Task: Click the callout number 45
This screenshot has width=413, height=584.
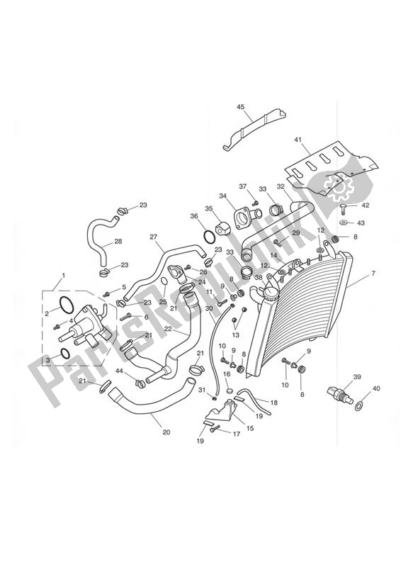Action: click(x=240, y=107)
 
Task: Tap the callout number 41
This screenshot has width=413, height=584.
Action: click(x=298, y=140)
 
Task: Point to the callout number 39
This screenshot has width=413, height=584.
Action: click(x=357, y=377)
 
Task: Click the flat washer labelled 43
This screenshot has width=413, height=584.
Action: click(x=343, y=223)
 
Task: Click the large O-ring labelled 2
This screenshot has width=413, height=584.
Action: click(x=65, y=305)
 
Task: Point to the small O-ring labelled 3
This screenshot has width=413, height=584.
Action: click(x=63, y=353)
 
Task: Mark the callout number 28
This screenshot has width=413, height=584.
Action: click(x=118, y=242)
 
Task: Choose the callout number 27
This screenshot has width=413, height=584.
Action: click(x=153, y=237)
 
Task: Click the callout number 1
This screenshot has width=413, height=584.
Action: click(x=63, y=276)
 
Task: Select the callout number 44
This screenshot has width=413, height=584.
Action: click(x=120, y=371)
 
